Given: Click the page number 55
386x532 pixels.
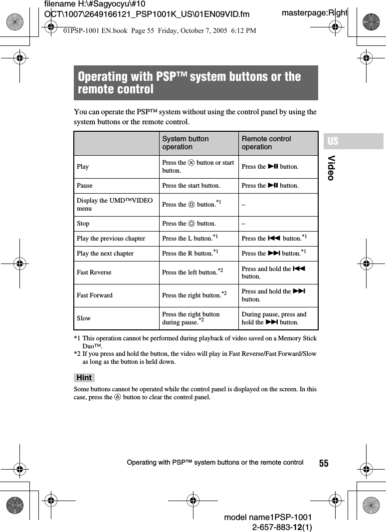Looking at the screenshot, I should point(324,463).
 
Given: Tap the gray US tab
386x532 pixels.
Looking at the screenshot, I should point(333,141).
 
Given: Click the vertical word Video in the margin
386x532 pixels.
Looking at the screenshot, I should point(332,168).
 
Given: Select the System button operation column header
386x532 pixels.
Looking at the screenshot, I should point(186,143).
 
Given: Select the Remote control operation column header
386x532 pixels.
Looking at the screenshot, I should point(266,143).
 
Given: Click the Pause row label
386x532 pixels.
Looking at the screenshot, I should point(84,186).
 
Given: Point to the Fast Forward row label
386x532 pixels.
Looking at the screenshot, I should point(95,295).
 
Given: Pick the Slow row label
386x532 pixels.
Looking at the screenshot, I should point(84,318).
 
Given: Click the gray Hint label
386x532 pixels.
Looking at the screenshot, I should point(84,378).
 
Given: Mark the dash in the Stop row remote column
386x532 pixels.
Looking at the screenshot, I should point(243,224).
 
